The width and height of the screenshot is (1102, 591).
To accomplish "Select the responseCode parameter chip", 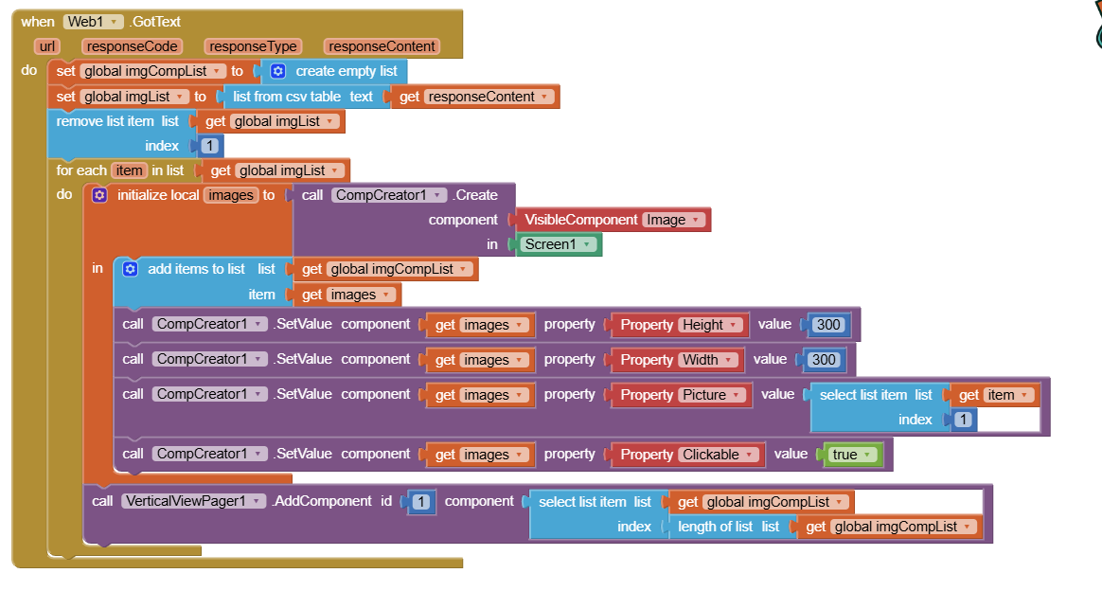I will coord(133,46).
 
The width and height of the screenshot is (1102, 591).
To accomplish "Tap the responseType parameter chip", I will coord(253,46).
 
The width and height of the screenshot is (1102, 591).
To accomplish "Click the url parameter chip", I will coord(47,46).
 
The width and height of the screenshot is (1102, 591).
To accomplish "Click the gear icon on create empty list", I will coord(277,71).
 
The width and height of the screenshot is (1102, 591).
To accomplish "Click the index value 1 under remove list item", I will coord(209,146).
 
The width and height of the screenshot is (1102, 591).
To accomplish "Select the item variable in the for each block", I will coord(129,170).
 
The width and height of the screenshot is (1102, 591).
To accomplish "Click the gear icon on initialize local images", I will coord(99,195).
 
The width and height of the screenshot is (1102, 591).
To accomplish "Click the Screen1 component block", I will coord(560,244).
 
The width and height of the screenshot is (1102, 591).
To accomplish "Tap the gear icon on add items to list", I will coord(130,269).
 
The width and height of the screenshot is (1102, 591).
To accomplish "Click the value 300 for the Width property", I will coord(824,360).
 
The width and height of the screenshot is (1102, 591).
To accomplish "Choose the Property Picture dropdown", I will coord(711,395).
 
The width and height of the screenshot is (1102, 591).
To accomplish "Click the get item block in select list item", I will coord(994,395).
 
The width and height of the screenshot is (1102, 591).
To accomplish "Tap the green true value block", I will coord(853,455).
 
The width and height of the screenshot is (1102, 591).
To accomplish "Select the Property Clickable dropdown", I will coord(718,455).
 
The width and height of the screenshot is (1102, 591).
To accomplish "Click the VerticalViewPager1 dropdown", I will coord(193,501).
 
